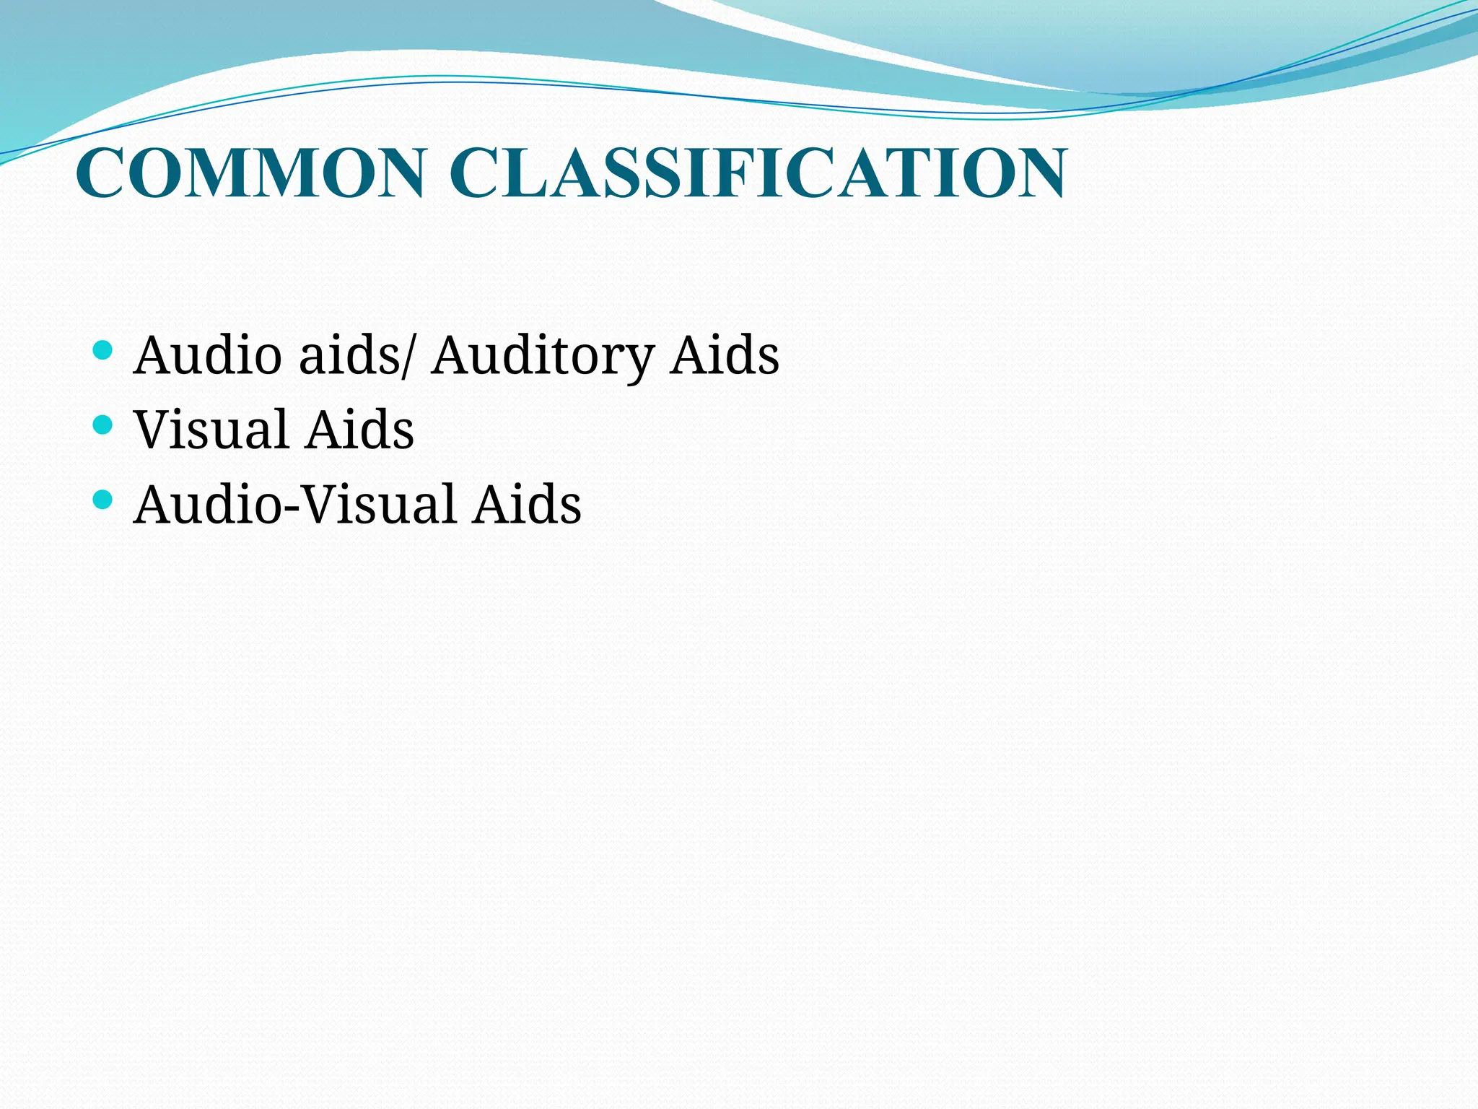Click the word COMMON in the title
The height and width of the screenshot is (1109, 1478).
[250, 173]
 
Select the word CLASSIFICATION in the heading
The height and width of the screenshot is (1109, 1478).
[758, 173]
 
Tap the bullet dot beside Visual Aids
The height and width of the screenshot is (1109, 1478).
[103, 425]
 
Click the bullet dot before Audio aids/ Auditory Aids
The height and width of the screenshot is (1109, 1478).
[103, 351]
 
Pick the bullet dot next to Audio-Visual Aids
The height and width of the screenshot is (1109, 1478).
[103, 499]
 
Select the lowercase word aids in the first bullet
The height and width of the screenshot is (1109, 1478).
[349, 355]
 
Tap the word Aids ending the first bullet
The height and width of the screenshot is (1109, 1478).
[725, 355]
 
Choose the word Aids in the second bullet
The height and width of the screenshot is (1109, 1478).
[359, 430]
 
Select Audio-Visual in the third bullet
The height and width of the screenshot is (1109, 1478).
[296, 504]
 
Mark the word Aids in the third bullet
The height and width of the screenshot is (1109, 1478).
[527, 504]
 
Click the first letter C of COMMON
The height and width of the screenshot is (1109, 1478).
[100, 173]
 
